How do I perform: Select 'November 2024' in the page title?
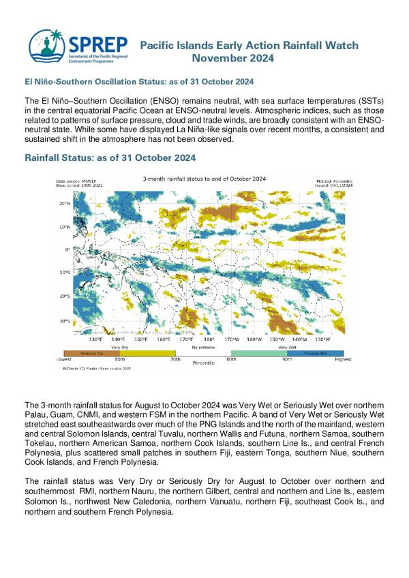pos(233,59)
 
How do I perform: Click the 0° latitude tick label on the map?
pos(67,249)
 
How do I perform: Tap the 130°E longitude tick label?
pos(96,339)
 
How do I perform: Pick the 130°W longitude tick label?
pos(322,339)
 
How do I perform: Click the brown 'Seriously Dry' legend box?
pos(91,353)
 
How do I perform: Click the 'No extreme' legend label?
pos(203,347)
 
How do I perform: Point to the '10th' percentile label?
pos(119,359)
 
